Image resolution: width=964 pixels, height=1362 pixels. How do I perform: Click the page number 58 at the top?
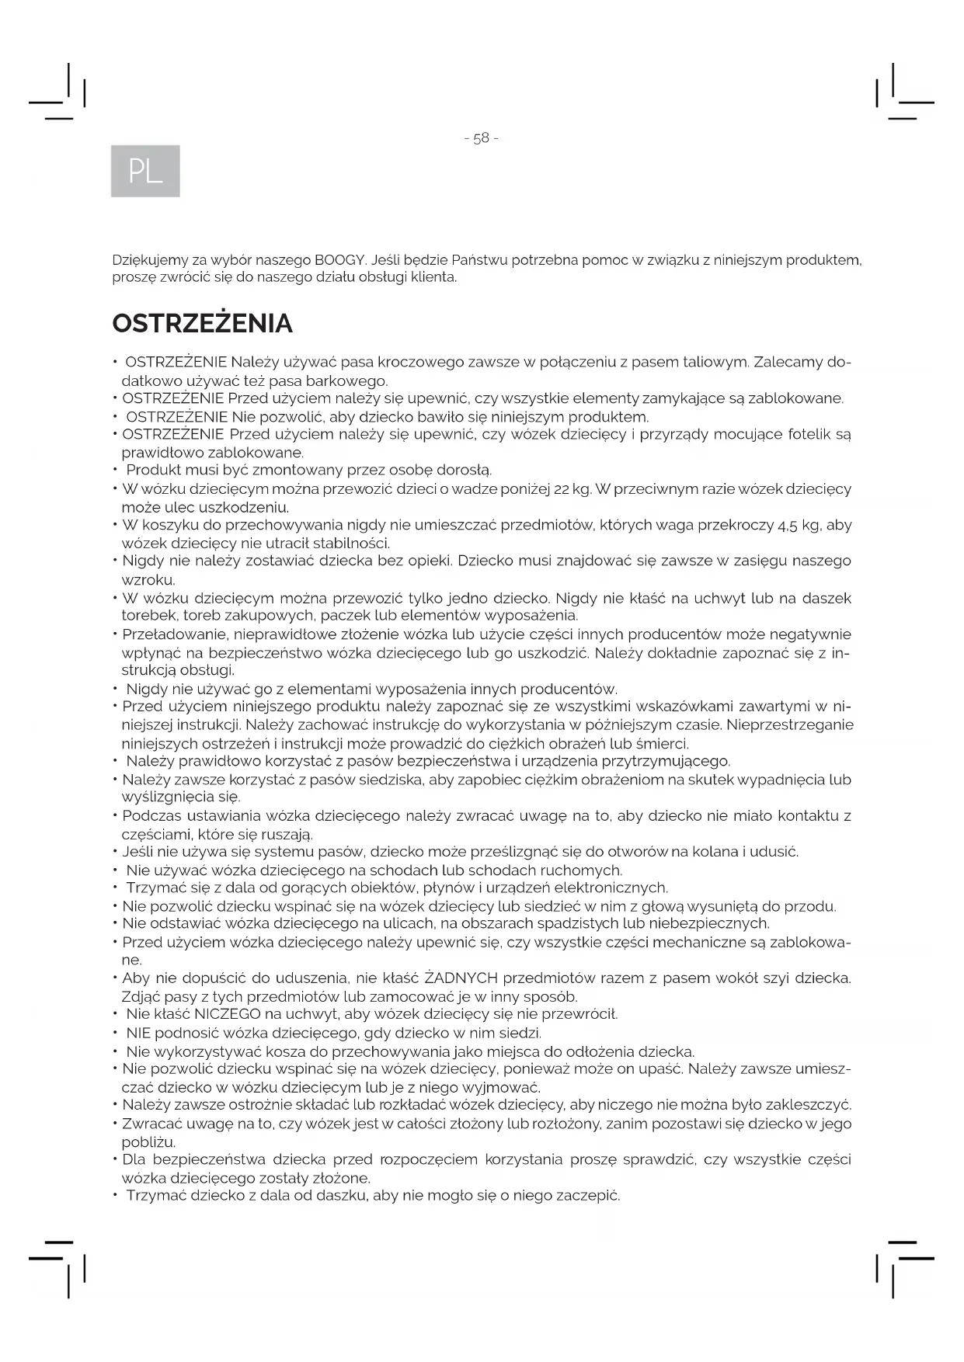[481, 138]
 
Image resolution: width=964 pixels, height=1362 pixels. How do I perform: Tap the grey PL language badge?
[145, 171]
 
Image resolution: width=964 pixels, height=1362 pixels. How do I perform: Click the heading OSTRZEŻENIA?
[202, 323]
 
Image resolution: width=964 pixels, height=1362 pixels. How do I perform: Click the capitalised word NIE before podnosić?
[138, 1033]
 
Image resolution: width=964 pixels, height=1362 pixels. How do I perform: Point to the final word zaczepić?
[587, 1195]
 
